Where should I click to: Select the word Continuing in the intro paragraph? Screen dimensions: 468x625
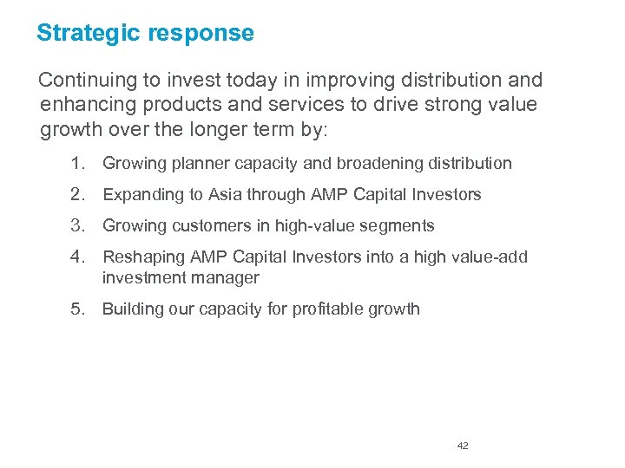click(88, 81)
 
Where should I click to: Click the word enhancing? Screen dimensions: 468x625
click(82, 106)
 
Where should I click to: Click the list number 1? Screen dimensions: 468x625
click(77, 163)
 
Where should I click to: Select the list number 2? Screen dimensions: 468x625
click(77, 194)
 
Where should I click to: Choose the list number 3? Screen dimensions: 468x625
click(77, 225)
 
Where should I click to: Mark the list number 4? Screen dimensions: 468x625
click(77, 257)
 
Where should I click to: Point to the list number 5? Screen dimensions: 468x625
click(77, 309)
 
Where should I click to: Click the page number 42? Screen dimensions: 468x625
click(463, 445)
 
